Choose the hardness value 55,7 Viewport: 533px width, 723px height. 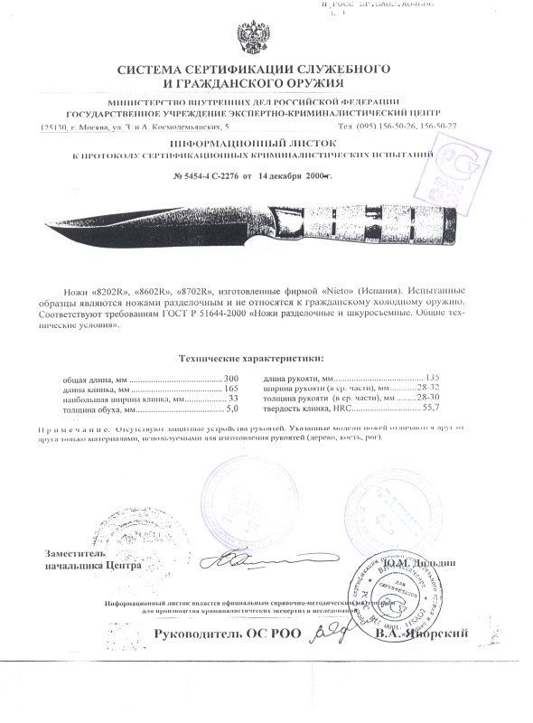443,408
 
